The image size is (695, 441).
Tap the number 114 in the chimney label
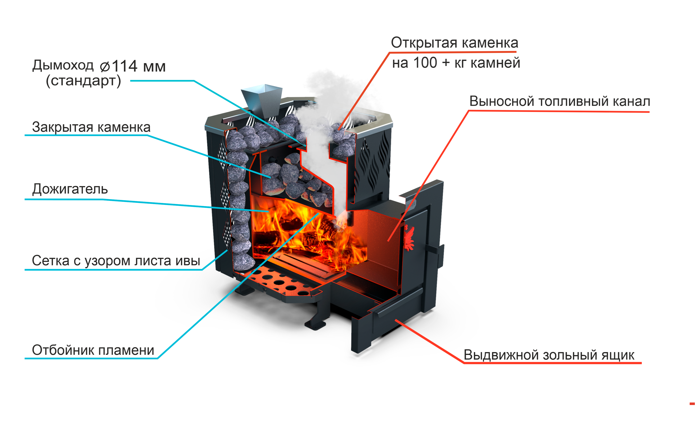pyautogui.click(x=124, y=66)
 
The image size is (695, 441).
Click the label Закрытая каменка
pyautogui.click(x=91, y=127)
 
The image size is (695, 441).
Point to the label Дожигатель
pyautogui.click(x=70, y=189)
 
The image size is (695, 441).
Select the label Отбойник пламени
pyautogui.click(x=93, y=350)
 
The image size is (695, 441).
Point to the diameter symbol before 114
pyautogui.click(x=105, y=67)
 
